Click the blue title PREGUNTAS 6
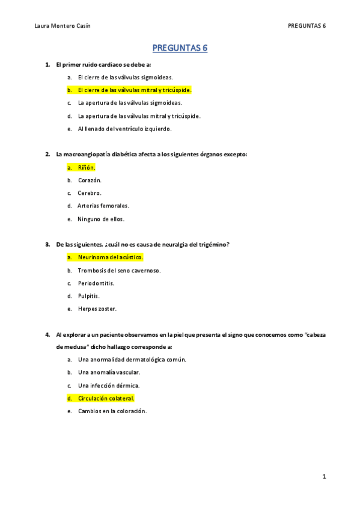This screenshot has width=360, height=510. [180, 48]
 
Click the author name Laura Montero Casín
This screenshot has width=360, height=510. [63, 26]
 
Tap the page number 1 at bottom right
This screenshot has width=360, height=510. [324, 477]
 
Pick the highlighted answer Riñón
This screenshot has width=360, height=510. [87, 168]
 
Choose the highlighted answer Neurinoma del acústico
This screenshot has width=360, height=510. [110, 257]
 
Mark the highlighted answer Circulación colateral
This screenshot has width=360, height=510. [106, 398]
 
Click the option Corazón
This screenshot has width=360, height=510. [90, 180]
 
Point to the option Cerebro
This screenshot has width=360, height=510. [90, 193]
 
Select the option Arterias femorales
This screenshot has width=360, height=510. [103, 206]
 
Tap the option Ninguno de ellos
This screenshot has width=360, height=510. [100, 219]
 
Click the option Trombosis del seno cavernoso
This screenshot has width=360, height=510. [119, 271]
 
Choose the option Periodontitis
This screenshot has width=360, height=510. [96, 283]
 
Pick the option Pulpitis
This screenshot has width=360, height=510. [89, 296]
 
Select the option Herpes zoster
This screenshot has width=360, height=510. [97, 309]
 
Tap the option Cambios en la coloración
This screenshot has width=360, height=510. [112, 411]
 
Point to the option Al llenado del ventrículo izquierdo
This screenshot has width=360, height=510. [124, 129]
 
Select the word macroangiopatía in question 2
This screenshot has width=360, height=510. [88, 155]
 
